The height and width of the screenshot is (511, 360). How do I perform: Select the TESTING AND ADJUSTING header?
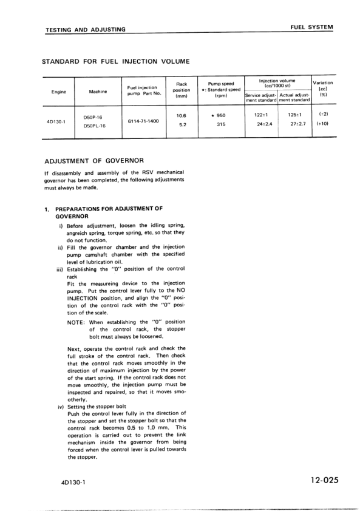[x=86, y=29]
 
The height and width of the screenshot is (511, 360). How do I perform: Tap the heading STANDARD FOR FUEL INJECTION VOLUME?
[x=116, y=62]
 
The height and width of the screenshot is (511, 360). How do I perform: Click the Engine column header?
[x=58, y=92]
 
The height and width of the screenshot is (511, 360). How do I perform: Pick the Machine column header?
[x=98, y=92]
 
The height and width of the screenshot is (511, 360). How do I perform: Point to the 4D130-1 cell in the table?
[x=59, y=121]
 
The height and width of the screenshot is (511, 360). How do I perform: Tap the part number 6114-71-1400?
[x=144, y=121]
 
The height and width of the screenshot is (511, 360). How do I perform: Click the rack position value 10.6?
[x=180, y=115]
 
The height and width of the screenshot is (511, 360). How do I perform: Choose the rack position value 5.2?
[x=180, y=125]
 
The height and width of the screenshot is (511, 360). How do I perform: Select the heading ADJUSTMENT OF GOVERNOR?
[x=94, y=161]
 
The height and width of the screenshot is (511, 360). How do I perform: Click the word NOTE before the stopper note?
[x=76, y=322]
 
